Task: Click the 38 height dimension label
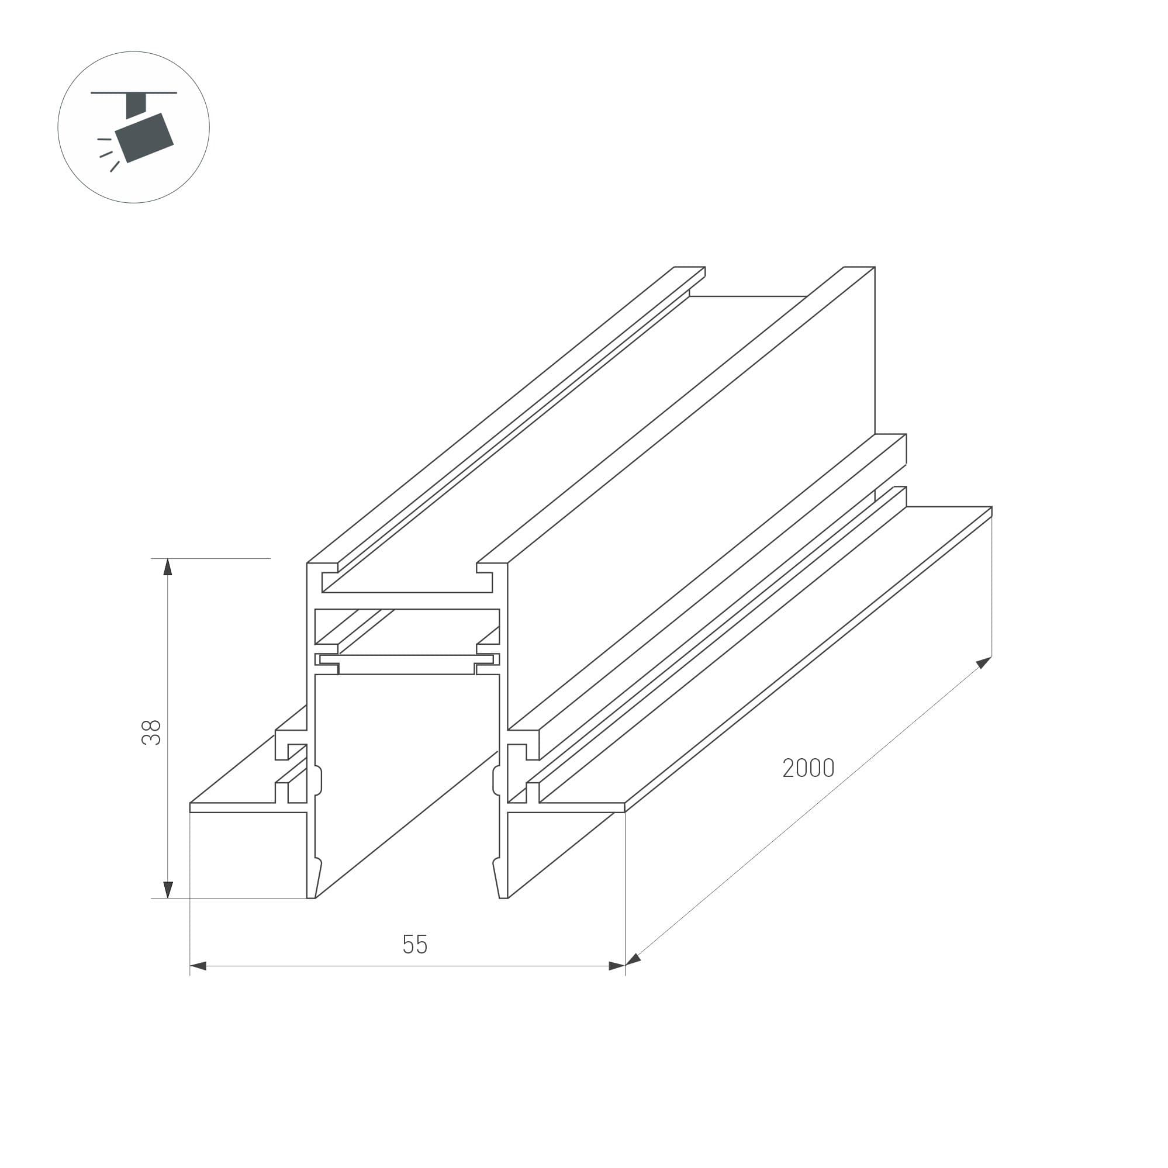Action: [x=151, y=732]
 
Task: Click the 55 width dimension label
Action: [x=414, y=944]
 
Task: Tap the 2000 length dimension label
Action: [x=808, y=768]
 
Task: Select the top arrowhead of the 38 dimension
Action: [x=168, y=566]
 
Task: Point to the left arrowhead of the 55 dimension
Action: [x=198, y=966]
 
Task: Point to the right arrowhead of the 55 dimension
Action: [x=617, y=966]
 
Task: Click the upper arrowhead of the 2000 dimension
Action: [x=984, y=662]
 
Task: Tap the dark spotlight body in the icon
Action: [x=144, y=137]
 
